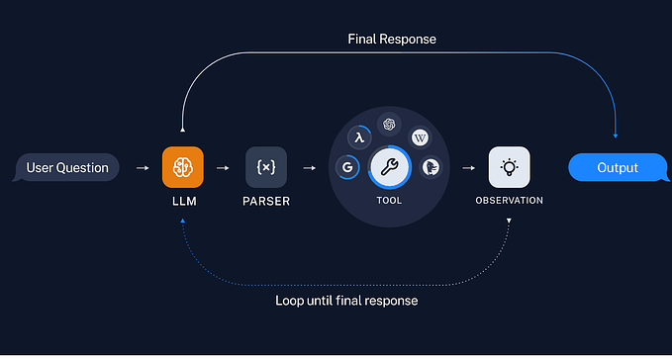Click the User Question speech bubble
coord(67,167)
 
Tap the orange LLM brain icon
coord(183,167)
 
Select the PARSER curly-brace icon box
coord(265,167)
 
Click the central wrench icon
coord(389,167)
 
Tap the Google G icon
coord(347,168)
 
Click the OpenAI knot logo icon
coord(389,125)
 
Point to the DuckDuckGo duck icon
coord(431,168)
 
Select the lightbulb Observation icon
coord(509,167)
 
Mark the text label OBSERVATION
coord(509,201)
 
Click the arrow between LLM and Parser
coord(224,167)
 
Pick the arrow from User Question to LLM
coord(142,167)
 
